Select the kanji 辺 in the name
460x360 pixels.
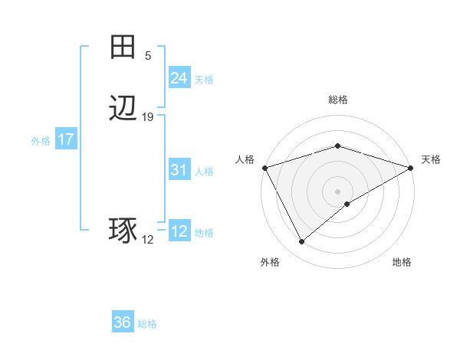123,109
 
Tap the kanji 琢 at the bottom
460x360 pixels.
123,231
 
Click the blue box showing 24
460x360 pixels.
179,78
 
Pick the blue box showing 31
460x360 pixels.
179,170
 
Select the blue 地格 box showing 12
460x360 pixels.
179,231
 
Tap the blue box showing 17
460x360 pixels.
65,139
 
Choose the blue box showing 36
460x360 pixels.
123,322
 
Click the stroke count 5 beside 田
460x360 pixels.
148,56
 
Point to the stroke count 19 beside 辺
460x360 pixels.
148,117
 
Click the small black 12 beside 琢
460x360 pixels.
148,240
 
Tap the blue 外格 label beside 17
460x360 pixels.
41,141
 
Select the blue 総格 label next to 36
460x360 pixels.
147,324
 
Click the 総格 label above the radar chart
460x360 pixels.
338,100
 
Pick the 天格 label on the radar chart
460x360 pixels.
431,159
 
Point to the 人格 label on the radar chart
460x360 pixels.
245,159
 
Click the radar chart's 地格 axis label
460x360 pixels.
402,263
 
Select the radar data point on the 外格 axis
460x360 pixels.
302,241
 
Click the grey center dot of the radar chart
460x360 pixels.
338,191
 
